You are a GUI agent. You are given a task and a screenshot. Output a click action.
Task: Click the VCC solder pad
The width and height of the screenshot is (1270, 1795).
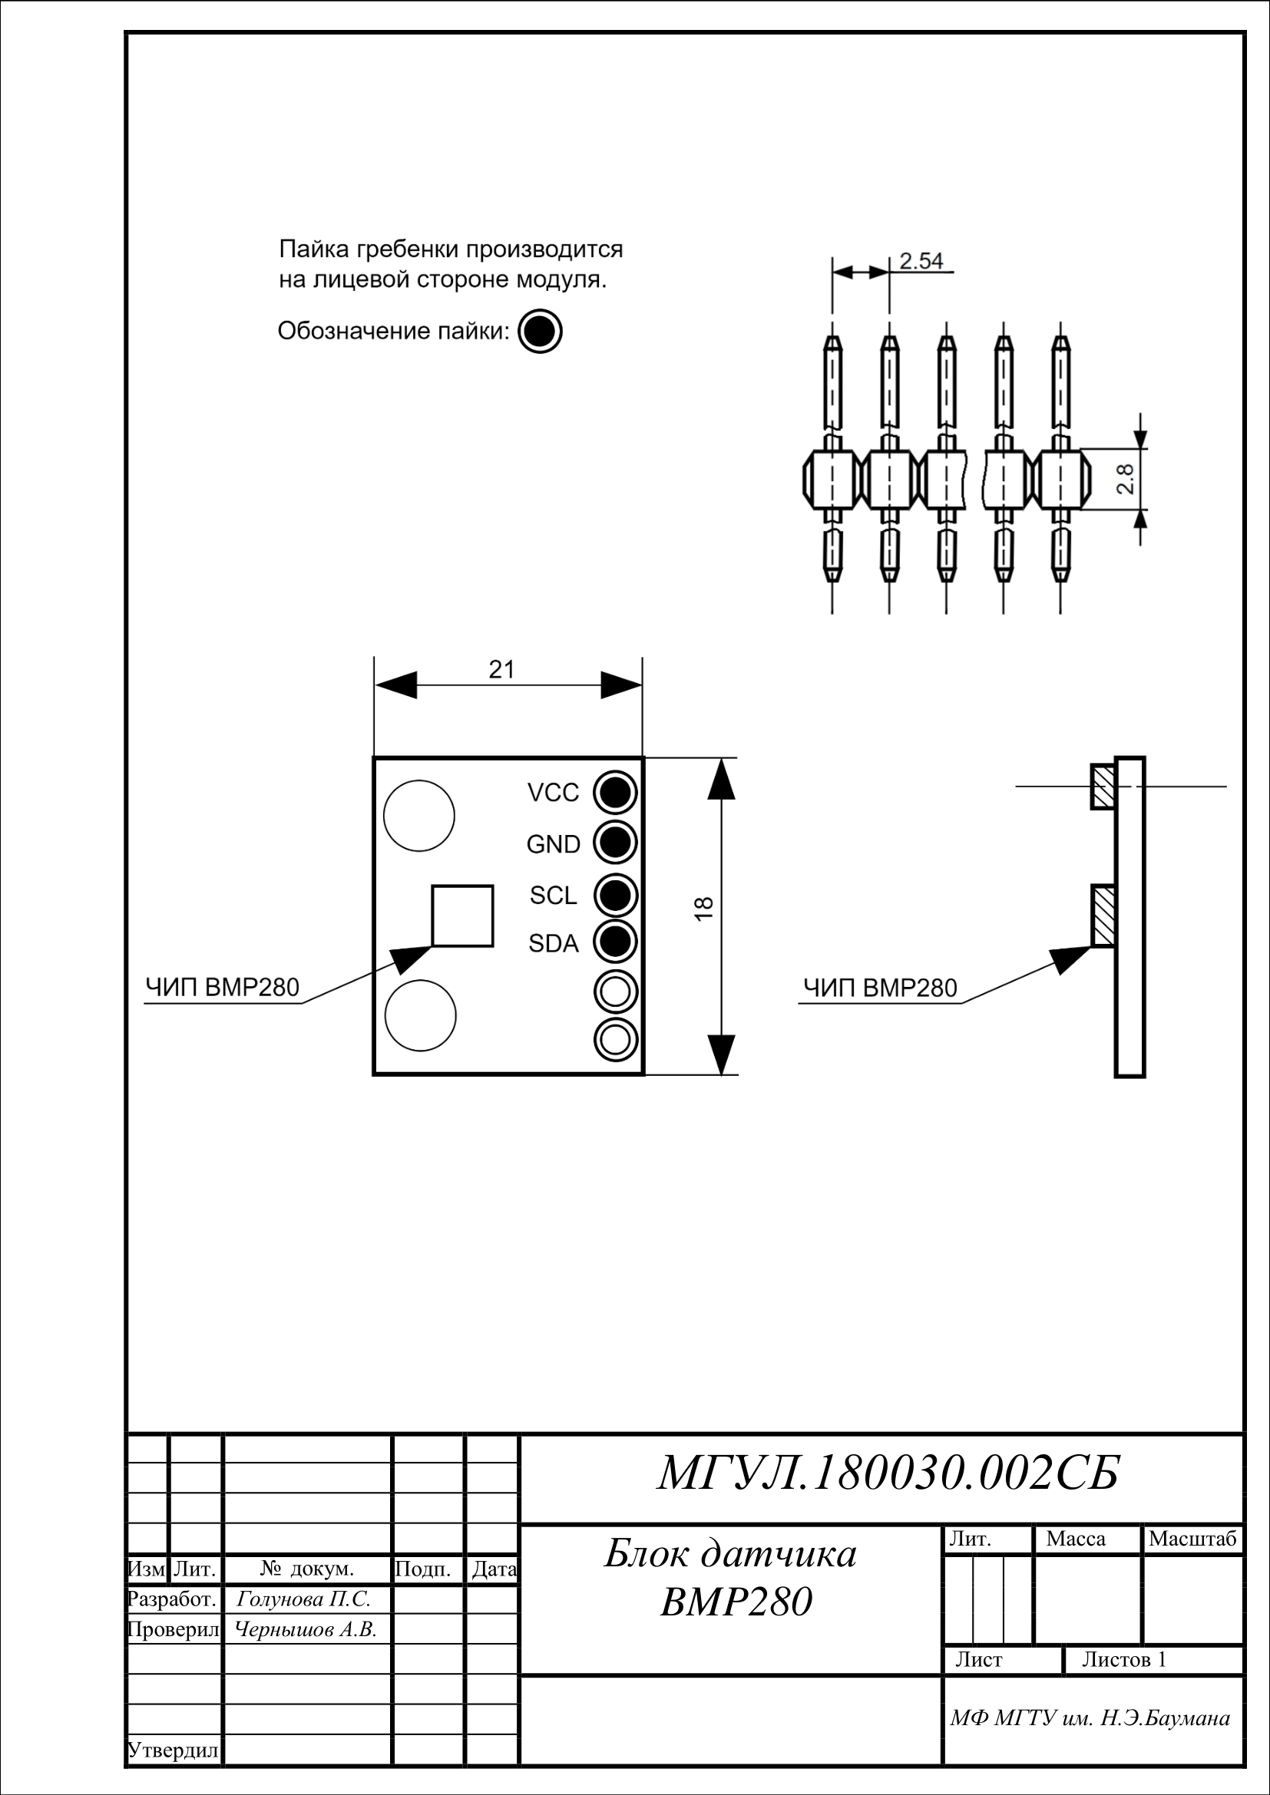tap(616, 793)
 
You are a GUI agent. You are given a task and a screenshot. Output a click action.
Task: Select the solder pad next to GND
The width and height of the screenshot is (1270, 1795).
tap(616, 843)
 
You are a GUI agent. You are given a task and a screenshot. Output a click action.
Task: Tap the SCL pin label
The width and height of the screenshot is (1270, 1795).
tap(553, 895)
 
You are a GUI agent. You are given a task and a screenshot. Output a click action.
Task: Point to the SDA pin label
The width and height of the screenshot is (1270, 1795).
tap(554, 944)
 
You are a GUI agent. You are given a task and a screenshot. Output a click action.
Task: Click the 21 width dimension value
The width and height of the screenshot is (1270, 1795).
tap(502, 669)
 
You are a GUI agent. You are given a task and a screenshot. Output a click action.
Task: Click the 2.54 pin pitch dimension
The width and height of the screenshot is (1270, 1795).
tap(921, 260)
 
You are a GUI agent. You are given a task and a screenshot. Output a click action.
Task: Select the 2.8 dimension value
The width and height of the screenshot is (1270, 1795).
tap(1126, 478)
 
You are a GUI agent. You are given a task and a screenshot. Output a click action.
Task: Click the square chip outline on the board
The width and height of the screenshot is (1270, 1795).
tap(463, 916)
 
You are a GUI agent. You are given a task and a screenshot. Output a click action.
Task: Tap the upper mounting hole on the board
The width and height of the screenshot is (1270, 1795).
tap(419, 816)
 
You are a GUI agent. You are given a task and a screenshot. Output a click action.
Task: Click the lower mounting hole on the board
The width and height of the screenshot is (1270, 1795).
tap(420, 1015)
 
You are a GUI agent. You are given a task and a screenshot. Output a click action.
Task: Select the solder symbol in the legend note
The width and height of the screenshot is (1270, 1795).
tap(540, 331)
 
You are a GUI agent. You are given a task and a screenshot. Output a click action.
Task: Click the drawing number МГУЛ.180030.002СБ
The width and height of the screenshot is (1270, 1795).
tap(888, 1473)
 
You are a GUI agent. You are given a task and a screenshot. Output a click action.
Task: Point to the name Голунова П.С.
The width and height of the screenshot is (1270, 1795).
tap(303, 1599)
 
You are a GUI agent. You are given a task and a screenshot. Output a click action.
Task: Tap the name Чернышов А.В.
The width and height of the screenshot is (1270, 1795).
tap(306, 1630)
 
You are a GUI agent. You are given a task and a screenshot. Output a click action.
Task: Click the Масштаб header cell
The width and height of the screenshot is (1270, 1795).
tap(1192, 1539)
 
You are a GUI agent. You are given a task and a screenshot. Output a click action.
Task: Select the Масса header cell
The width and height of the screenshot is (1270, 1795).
tap(1076, 1539)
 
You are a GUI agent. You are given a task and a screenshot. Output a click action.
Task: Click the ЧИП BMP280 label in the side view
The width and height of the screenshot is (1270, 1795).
tap(881, 988)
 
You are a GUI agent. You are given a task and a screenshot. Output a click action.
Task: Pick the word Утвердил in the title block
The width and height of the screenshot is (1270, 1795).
tap(173, 1750)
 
